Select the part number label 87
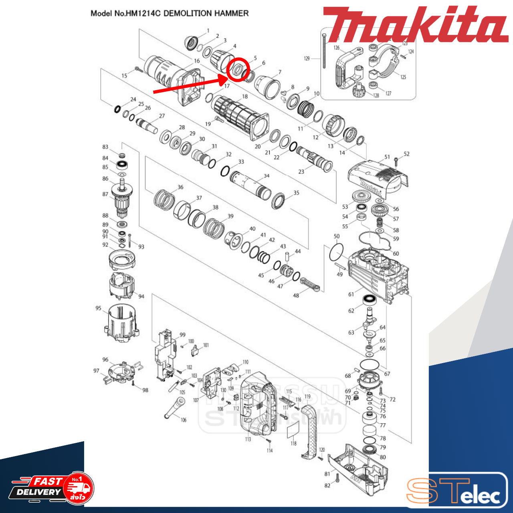105,194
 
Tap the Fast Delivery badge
52,487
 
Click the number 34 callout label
267,176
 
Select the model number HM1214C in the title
143,14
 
